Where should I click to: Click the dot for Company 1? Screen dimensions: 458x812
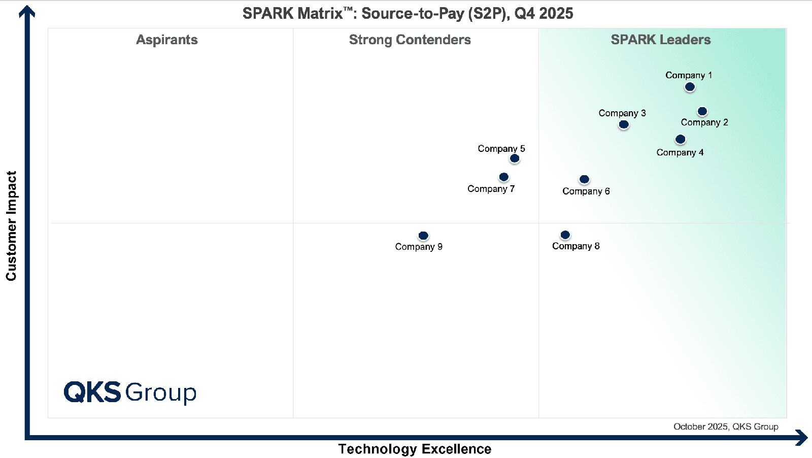pos(690,87)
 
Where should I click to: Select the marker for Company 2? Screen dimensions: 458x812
pos(702,111)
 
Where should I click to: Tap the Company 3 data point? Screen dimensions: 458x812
pos(624,124)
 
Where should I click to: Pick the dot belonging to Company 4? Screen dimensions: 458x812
pos(681,139)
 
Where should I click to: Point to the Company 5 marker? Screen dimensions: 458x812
pos(515,158)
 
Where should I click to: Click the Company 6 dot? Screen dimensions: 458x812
pos(584,179)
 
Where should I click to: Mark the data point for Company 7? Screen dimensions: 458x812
pos(503,177)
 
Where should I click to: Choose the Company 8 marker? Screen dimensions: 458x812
pos(565,235)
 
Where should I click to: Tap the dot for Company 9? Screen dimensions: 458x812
pos(423,236)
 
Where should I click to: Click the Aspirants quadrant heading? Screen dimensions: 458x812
pos(167,40)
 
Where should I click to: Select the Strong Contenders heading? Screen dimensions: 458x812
pos(410,40)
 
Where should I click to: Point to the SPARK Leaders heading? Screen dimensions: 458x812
pos(660,40)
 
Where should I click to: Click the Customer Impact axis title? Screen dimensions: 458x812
pos(11,225)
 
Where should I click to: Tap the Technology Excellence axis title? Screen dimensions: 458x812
pos(415,449)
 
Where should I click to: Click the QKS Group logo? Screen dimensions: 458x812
pos(130,392)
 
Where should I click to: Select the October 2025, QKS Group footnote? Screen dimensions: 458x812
pos(725,427)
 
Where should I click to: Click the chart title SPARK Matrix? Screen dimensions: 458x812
pos(408,13)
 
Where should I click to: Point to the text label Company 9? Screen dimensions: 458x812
pos(419,247)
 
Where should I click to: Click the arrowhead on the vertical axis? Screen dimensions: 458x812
pos(27,11)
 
